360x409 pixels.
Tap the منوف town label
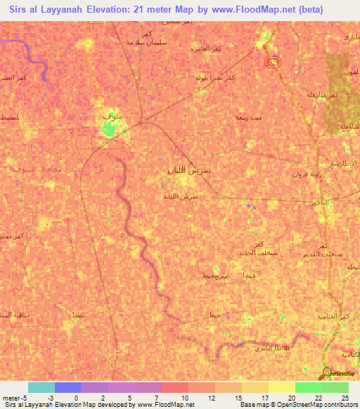pos(112,114)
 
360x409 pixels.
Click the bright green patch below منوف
pos(108,129)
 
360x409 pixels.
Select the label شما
pos(78,315)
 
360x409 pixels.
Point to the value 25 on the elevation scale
pos(345,398)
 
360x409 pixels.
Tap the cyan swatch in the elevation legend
pos(41,387)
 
